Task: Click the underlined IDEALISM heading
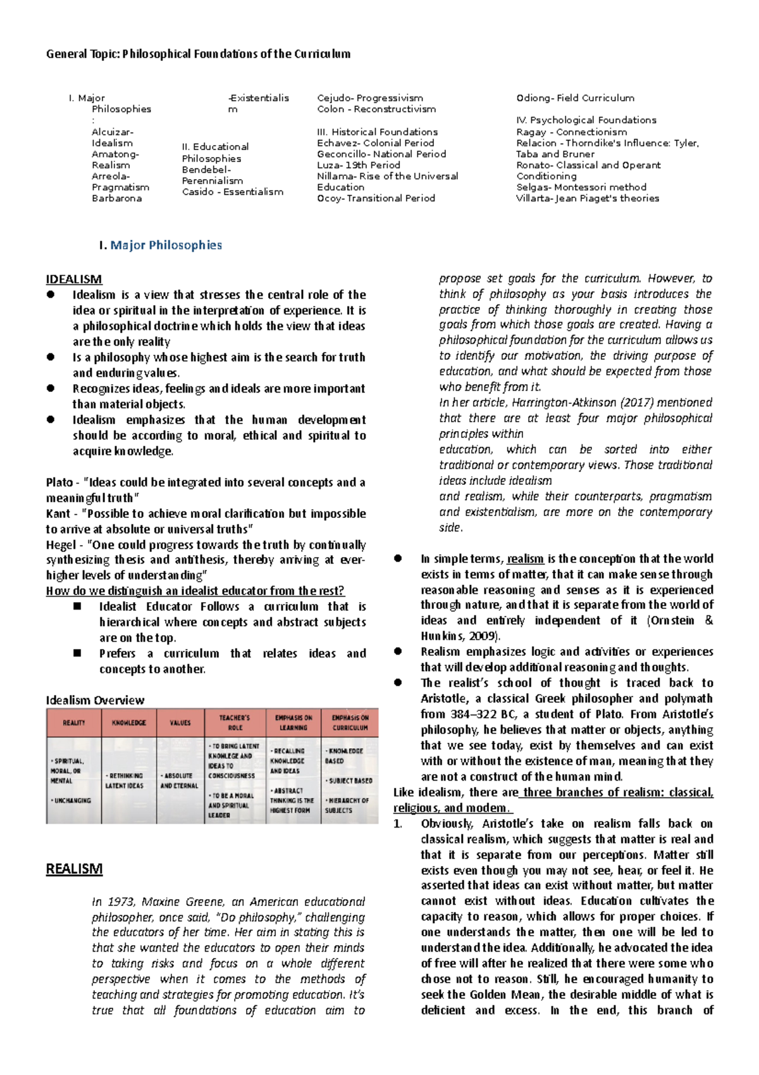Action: pos(73,279)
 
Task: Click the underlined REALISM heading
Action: pos(74,869)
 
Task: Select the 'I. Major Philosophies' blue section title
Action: pos(160,245)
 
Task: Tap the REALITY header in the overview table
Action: pos(74,723)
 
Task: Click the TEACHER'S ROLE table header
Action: pos(235,723)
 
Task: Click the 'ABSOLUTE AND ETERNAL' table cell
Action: pos(179,781)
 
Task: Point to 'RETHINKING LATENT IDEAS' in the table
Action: pos(126,781)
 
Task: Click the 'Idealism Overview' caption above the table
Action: pos(95,700)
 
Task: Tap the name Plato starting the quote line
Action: pos(59,482)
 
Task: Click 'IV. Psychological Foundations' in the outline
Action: pos(586,120)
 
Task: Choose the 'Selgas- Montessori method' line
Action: pos(581,187)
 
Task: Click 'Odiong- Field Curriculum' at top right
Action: pos(575,98)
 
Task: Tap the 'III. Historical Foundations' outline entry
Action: pos(377,132)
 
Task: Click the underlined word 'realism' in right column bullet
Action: pos(525,559)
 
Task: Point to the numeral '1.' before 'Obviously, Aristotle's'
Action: pos(398,824)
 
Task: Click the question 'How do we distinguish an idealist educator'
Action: pos(195,591)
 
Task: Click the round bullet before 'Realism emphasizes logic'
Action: pos(398,651)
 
